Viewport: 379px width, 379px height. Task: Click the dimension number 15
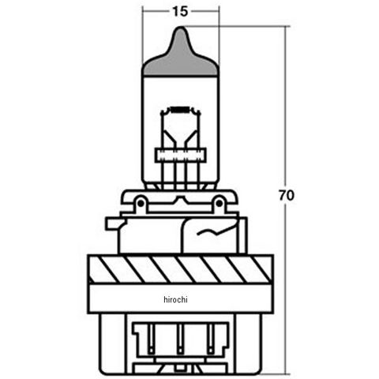click(x=181, y=12)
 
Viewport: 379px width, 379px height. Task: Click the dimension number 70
click(x=287, y=195)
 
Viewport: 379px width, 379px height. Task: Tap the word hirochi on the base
click(x=175, y=299)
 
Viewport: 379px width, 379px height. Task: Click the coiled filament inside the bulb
click(x=180, y=109)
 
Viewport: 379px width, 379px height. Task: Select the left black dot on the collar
click(x=141, y=203)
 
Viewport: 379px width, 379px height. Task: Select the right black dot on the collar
click(x=219, y=203)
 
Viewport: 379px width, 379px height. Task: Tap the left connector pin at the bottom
click(x=151, y=339)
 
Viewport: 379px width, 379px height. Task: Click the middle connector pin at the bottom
click(x=180, y=339)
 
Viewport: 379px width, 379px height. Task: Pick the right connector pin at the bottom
click(x=210, y=339)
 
